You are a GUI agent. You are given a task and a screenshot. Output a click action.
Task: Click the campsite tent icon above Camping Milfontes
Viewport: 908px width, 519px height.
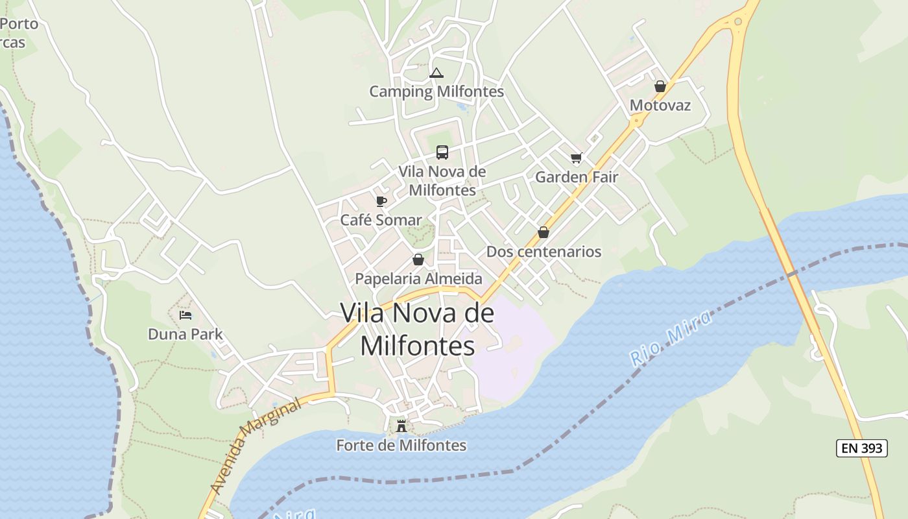pyautogui.click(x=436, y=73)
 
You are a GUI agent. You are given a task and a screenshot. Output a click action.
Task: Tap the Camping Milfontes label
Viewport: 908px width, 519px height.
pyautogui.click(x=436, y=91)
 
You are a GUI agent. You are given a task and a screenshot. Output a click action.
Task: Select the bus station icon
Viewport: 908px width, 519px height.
pyautogui.click(x=442, y=152)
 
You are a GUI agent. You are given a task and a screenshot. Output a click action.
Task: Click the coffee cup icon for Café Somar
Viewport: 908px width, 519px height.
pyautogui.click(x=381, y=202)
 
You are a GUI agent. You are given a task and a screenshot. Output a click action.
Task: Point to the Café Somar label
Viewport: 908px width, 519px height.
pyautogui.click(x=381, y=220)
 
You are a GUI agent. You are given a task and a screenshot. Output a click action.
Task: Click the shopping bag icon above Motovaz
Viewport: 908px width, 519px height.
pyautogui.click(x=660, y=86)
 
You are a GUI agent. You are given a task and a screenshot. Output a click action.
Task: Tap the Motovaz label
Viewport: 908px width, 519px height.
pyautogui.click(x=660, y=105)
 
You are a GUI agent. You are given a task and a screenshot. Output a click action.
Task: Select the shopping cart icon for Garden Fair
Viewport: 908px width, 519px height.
pyautogui.click(x=577, y=158)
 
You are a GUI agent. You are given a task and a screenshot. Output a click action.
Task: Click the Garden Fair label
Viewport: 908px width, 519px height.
pyautogui.click(x=577, y=176)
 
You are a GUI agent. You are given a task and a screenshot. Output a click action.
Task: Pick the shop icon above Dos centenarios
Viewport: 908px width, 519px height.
pyautogui.click(x=544, y=232)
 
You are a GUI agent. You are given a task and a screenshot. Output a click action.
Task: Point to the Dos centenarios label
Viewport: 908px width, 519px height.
pyautogui.click(x=544, y=252)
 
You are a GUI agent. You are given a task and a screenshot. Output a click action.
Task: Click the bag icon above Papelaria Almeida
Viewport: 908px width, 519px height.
pyautogui.click(x=418, y=259)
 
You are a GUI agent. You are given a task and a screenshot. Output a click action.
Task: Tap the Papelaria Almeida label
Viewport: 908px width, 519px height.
pyautogui.click(x=418, y=279)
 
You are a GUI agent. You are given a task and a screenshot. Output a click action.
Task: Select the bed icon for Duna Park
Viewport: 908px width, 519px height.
pyautogui.click(x=185, y=315)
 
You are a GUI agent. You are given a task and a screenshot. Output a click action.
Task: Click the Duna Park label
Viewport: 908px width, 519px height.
pyautogui.click(x=185, y=334)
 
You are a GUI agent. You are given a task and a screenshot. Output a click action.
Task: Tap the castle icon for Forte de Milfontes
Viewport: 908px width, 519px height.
pyautogui.click(x=401, y=426)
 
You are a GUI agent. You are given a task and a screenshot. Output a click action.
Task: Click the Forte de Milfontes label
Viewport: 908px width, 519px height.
pyautogui.click(x=401, y=445)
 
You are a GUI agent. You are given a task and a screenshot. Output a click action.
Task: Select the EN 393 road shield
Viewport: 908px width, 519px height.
pyautogui.click(x=861, y=448)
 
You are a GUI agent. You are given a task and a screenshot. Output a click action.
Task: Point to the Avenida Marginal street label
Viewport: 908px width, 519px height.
pyautogui.click(x=256, y=447)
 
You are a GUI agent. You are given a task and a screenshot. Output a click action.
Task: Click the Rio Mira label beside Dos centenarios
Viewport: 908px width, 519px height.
pyautogui.click(x=671, y=337)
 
